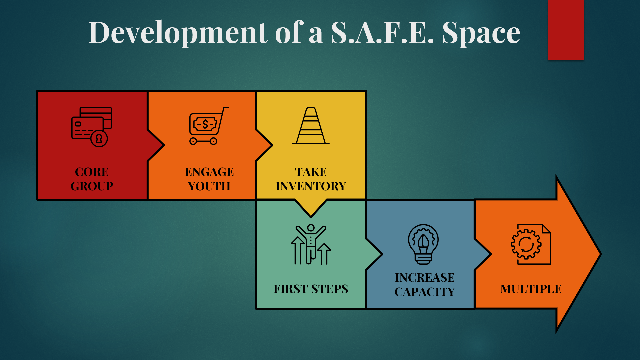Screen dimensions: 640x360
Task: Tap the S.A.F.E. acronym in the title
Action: (382, 33)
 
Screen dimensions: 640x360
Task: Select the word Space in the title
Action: (481, 33)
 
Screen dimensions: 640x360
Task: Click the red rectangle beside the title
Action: (566, 30)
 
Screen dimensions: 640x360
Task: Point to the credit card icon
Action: (92, 127)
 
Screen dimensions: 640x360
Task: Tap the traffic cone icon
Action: (311, 125)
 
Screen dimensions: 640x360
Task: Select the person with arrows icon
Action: (311, 244)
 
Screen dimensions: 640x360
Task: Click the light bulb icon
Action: (423, 244)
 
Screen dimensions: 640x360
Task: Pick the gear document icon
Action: (531, 244)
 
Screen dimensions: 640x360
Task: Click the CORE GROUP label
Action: (92, 179)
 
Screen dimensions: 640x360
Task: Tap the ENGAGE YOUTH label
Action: (209, 179)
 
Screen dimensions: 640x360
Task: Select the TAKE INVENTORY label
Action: (311, 179)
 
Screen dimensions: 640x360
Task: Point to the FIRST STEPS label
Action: (311, 289)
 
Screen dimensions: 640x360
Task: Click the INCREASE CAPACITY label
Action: (425, 285)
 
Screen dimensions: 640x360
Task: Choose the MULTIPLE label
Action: (531, 289)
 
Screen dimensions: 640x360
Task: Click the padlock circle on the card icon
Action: (99, 138)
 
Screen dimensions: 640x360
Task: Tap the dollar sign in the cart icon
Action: (205, 125)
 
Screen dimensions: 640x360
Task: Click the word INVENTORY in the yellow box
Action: (311, 186)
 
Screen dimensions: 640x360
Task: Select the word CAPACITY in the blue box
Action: (425, 292)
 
